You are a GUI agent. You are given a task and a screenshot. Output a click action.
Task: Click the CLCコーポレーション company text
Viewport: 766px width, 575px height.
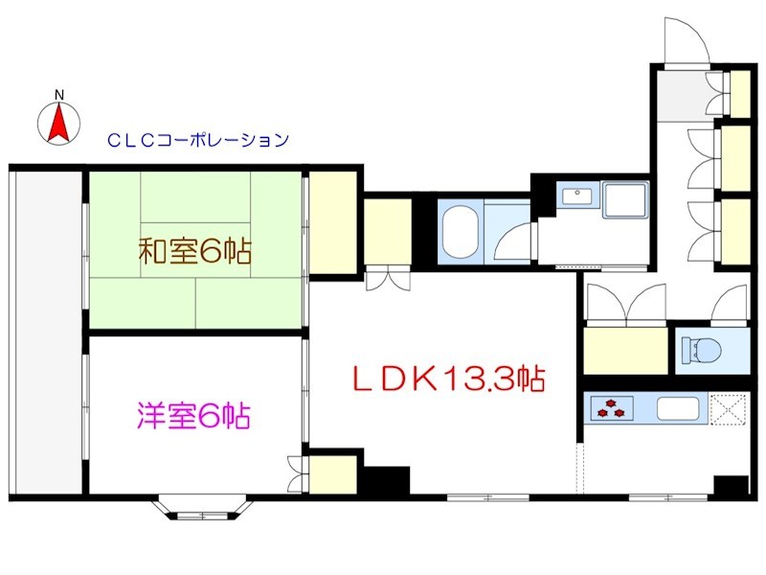pyautogui.click(x=197, y=140)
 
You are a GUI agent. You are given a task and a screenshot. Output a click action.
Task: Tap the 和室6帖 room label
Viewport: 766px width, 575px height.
pyautogui.click(x=195, y=252)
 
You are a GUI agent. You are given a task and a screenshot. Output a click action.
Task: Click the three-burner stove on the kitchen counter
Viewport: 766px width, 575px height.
pyautogui.click(x=610, y=408)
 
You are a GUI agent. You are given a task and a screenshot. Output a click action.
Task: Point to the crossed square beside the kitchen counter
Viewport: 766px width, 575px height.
pyautogui.click(x=728, y=409)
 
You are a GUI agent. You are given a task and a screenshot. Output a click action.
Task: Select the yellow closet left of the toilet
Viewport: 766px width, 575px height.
pyautogui.click(x=624, y=350)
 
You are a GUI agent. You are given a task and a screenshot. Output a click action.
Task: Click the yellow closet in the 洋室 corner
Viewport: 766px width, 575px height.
pyautogui.click(x=333, y=474)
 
